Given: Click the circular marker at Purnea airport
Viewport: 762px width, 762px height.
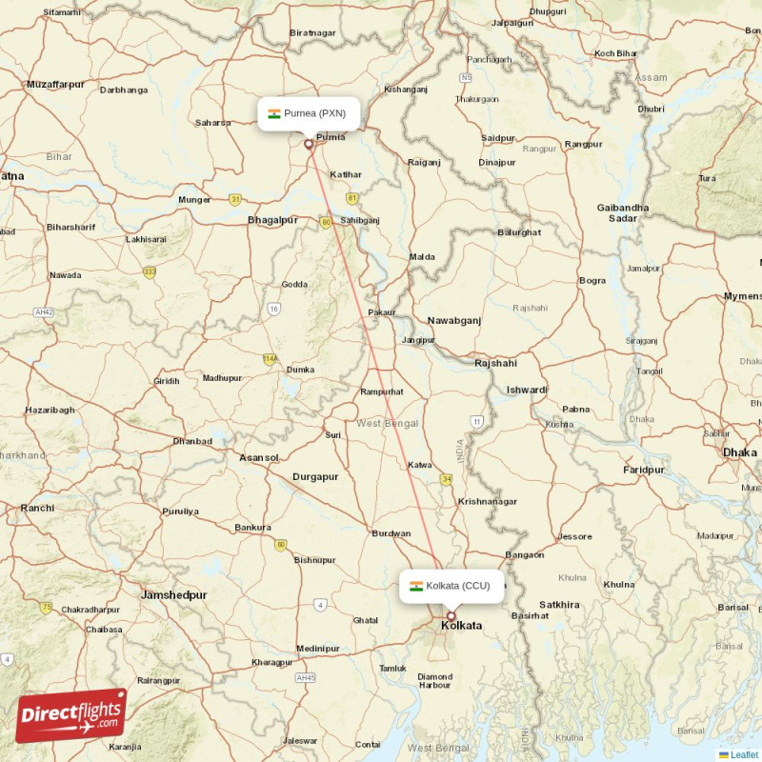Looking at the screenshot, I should [308, 145].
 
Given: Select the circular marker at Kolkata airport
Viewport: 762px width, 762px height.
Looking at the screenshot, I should [451, 616].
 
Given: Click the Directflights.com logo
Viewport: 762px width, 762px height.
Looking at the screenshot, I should [70, 716].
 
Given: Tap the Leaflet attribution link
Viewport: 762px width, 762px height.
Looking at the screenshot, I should [744, 754].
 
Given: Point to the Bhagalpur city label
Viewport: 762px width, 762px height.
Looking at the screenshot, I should [272, 220].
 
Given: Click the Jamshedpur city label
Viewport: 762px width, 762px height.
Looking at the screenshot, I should [173, 594].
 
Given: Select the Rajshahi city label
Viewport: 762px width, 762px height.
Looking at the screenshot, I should [495, 363].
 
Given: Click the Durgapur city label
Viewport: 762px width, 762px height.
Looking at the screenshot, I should [315, 476].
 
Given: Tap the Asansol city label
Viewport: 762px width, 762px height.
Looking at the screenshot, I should [259, 457].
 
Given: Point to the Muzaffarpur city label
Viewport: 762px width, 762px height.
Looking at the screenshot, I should [56, 85].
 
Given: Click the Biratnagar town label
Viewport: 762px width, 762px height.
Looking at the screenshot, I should [313, 33].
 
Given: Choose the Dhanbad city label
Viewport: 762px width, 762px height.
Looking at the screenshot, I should [192, 441].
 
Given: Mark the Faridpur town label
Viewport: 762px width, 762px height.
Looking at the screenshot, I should [644, 470].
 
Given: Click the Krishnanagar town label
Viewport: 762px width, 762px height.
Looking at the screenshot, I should [488, 501].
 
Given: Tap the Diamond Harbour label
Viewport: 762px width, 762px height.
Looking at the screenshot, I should [434, 681].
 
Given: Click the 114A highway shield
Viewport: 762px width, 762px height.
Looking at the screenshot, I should [271, 358].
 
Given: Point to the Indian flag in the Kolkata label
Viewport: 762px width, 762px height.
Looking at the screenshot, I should [416, 586].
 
